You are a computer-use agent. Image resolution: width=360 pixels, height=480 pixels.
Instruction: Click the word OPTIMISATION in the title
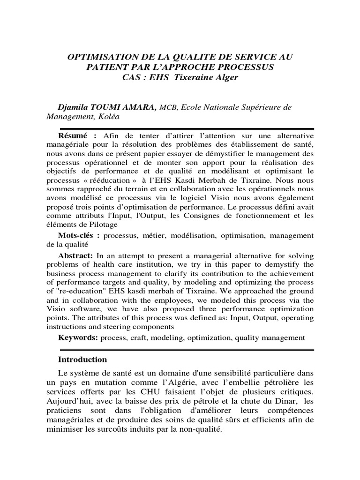pos(97,57)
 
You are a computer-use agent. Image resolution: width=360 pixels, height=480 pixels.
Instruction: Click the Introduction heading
pos(82,360)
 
